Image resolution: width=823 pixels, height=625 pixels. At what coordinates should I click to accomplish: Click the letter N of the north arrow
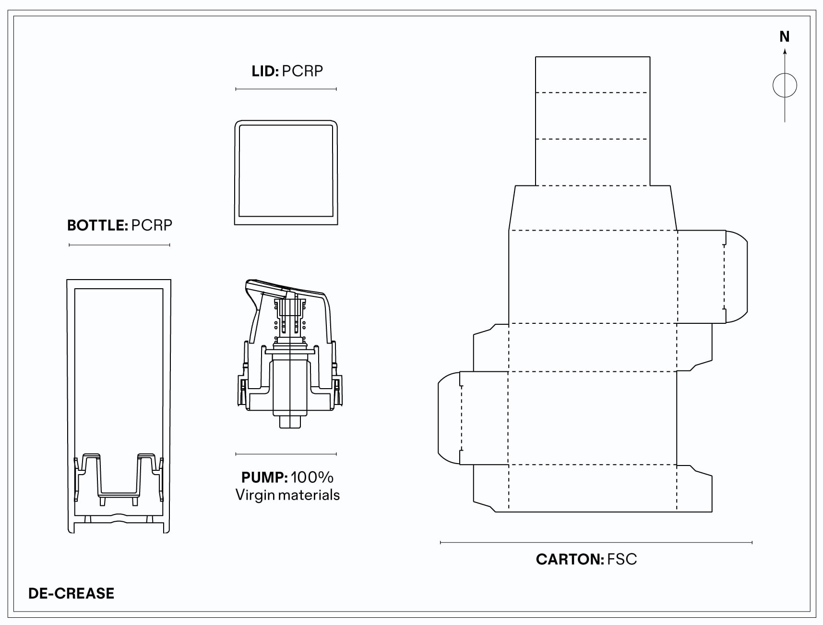point(785,37)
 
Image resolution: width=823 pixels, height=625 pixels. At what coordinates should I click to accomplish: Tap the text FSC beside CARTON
point(622,559)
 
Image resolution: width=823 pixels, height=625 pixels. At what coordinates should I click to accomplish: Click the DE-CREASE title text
point(72,593)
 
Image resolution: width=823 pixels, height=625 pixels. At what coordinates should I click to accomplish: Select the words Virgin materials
point(287,495)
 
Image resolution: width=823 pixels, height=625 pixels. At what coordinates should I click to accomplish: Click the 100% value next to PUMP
point(312,478)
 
